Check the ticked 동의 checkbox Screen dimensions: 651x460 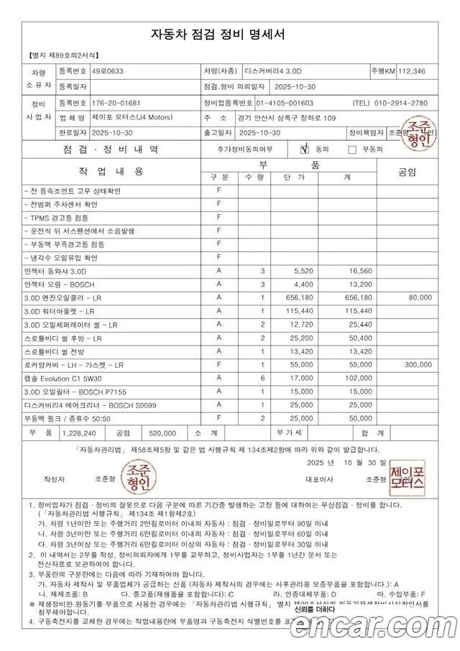pos(305,149)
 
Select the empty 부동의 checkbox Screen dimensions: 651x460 pos(352,149)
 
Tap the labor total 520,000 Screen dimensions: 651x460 pos(162,434)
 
